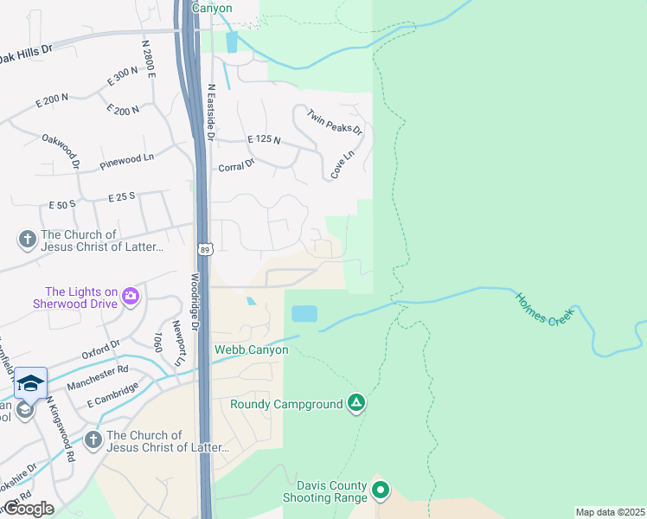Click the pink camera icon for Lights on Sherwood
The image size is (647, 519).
pyautogui.click(x=131, y=298)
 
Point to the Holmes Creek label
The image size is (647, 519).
pyautogui.click(x=544, y=307)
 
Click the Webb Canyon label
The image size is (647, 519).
pyautogui.click(x=251, y=349)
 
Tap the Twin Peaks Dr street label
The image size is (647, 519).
pyautogui.click(x=334, y=122)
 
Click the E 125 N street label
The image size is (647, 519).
pyautogui.click(x=264, y=139)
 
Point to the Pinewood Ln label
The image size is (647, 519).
pyautogui.click(x=126, y=157)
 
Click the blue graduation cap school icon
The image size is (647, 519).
pyautogui.click(x=30, y=382)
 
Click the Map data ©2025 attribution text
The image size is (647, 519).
pyautogui.click(x=609, y=512)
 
